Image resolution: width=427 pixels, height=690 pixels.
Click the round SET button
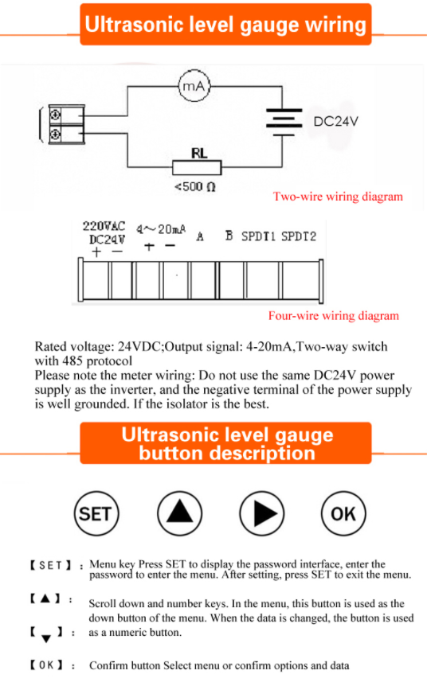coord(96,513)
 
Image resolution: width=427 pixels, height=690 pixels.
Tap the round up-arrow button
coord(179,513)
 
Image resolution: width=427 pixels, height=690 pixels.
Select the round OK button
coord(343,513)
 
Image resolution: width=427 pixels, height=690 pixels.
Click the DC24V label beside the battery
coord(336,122)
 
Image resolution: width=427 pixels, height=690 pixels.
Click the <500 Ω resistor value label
coord(195,188)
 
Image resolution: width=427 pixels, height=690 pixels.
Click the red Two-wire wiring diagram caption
coord(338,197)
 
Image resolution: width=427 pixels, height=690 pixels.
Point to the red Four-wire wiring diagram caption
coord(333,316)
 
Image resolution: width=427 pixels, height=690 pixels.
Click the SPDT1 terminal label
coord(259,236)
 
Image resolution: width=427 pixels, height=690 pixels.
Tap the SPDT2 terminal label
coord(299,236)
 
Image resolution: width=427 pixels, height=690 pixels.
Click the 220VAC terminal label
coord(104,226)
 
